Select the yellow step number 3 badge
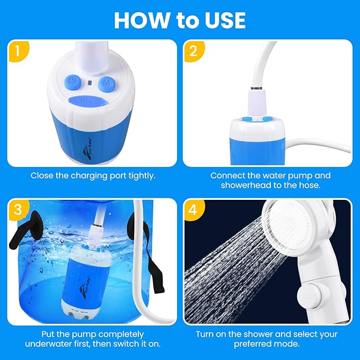tap(19, 209)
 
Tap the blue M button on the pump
tap(108, 83)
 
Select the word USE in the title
tap(223, 20)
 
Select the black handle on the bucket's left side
tap(27, 225)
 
